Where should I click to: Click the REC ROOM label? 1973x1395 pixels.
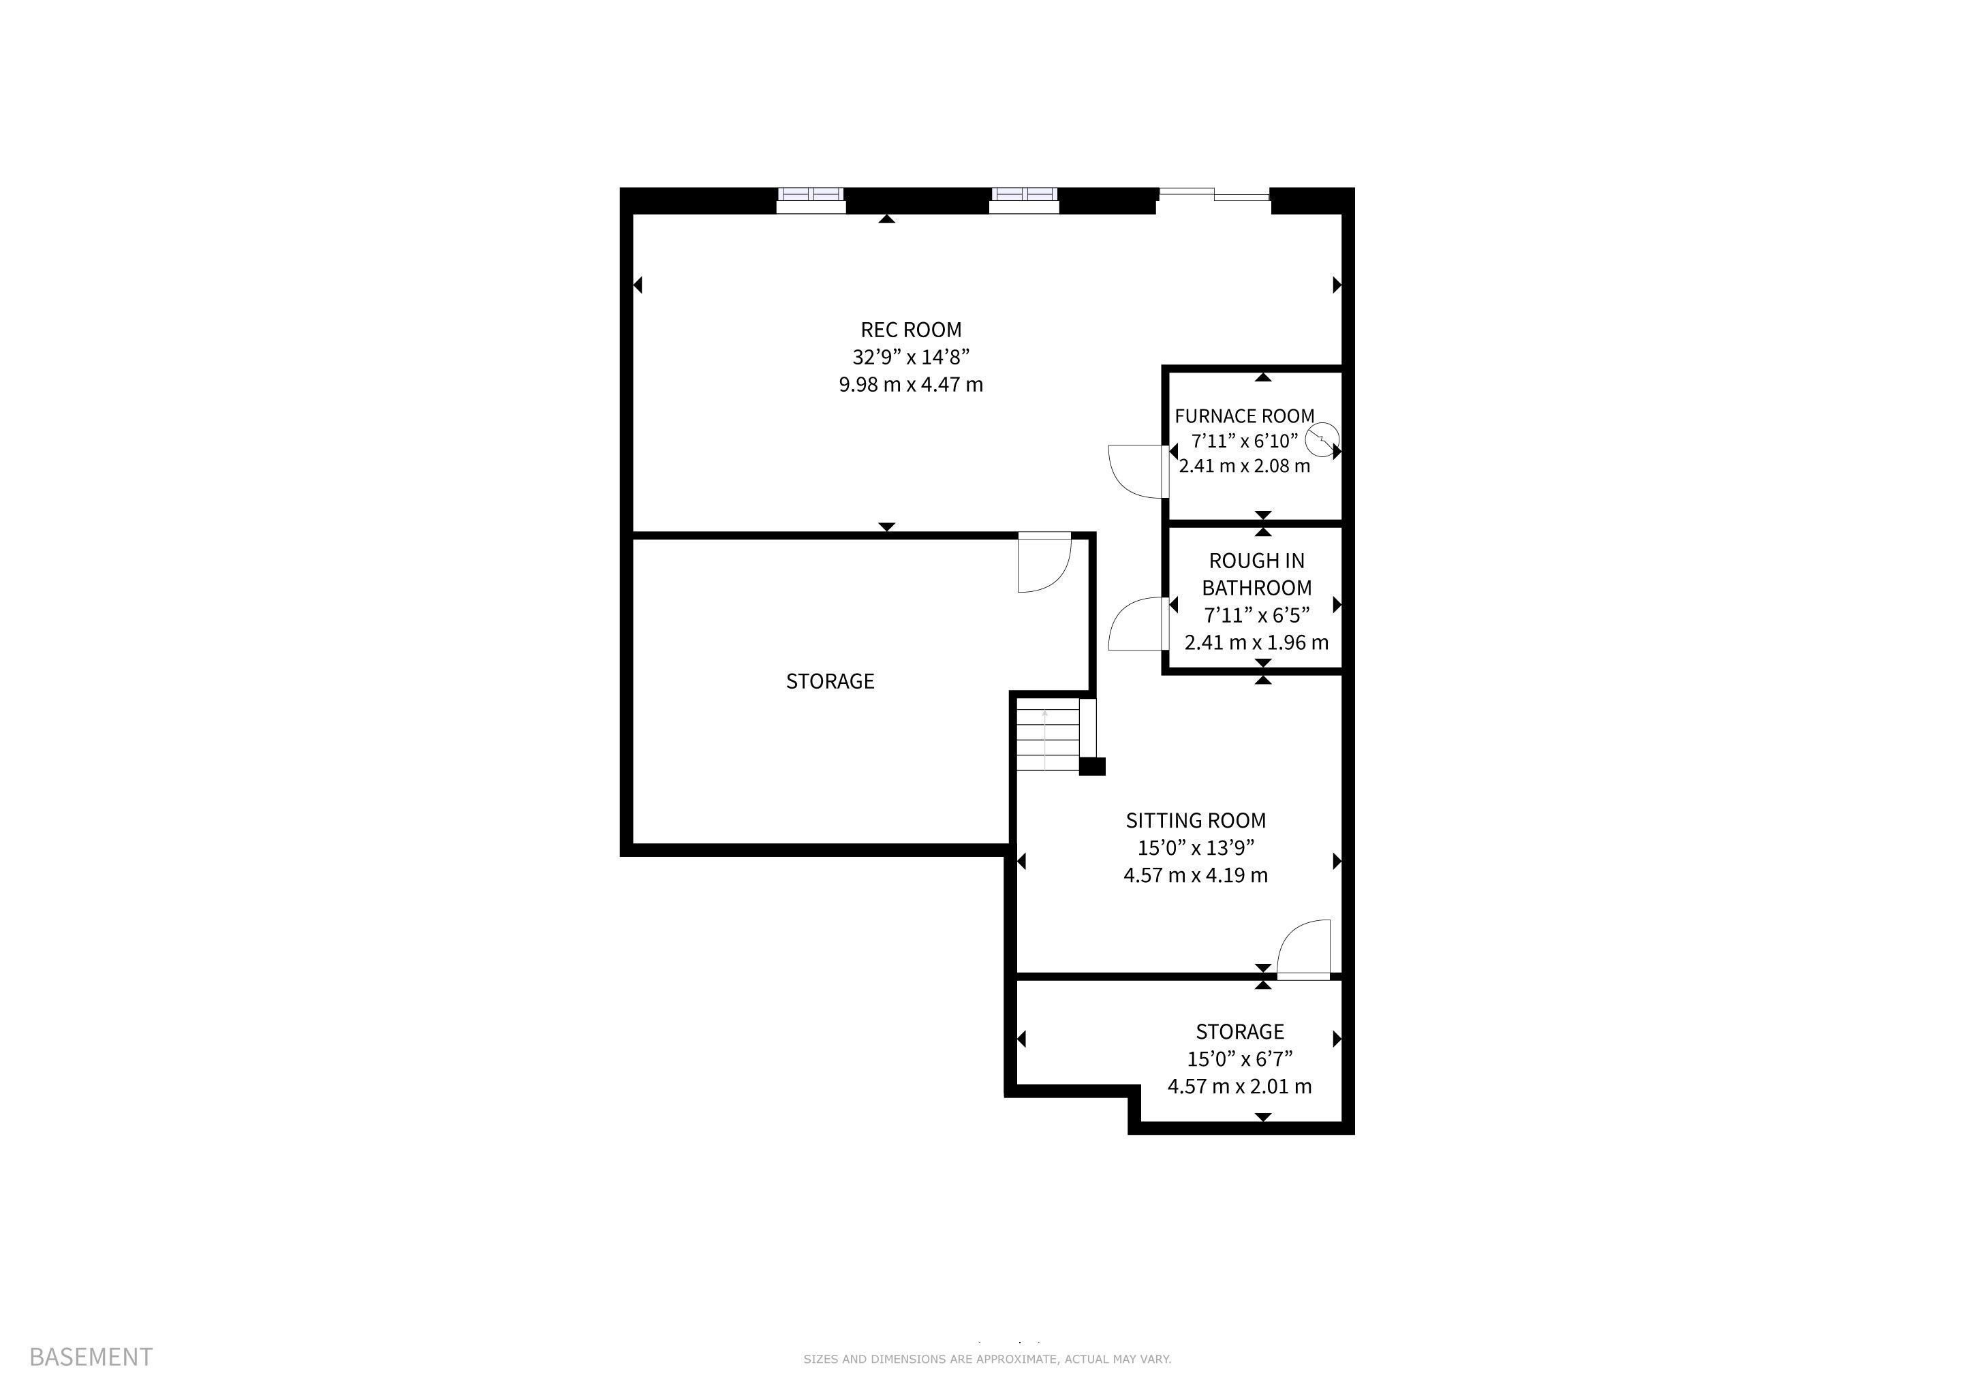pyautogui.click(x=911, y=330)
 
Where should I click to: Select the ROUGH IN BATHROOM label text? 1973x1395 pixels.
pyautogui.click(x=1256, y=575)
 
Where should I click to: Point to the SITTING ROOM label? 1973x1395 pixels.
pyautogui.click(x=1196, y=820)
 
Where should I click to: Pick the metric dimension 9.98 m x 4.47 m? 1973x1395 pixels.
pyautogui.click(x=911, y=385)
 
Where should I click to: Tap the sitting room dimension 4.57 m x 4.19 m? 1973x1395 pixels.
pyautogui.click(x=1196, y=875)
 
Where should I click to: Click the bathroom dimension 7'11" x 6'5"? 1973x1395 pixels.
pyautogui.click(x=1256, y=615)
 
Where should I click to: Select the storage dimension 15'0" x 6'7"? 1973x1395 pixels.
pyautogui.click(x=1240, y=1059)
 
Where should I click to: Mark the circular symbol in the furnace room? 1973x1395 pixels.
pyautogui.click(x=1322, y=441)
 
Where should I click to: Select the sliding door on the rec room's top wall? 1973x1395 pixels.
pyautogui.click(x=1213, y=195)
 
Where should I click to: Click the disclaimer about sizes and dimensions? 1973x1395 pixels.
pyautogui.click(x=986, y=1359)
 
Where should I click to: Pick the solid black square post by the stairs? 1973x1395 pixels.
pyautogui.click(x=1092, y=766)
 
